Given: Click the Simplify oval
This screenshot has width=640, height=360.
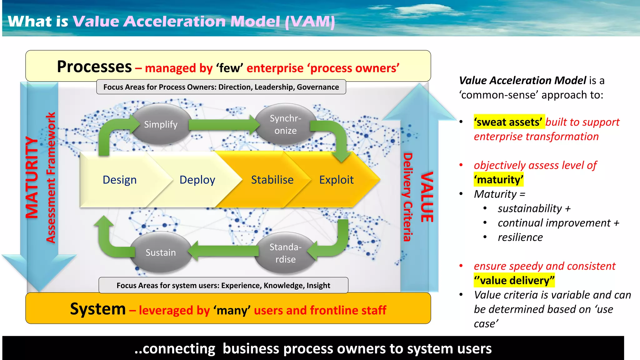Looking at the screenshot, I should point(161,124).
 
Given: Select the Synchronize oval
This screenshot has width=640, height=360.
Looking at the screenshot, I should point(285,124).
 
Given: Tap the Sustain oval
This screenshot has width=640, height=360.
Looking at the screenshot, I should point(161,252).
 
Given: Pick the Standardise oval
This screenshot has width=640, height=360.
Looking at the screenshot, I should point(285,253).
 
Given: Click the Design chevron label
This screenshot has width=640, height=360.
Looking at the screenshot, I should point(120,180).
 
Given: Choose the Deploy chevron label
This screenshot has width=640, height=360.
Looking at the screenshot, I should point(197,180).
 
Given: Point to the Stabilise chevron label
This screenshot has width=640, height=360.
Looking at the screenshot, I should point(272,180).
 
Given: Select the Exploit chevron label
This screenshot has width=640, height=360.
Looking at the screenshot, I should point(336,180).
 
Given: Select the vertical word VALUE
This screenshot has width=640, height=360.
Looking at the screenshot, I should point(427,197).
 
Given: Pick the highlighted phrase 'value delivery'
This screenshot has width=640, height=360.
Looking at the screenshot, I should point(514,280).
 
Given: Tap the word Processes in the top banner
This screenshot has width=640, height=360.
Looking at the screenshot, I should point(94,67).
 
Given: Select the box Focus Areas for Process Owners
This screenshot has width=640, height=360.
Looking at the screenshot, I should point(221,87).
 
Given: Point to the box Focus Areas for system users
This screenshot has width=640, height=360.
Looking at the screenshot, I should point(223,285).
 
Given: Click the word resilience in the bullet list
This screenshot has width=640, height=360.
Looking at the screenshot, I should point(520,237).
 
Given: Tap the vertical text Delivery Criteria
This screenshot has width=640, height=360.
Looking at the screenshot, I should point(407,197).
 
